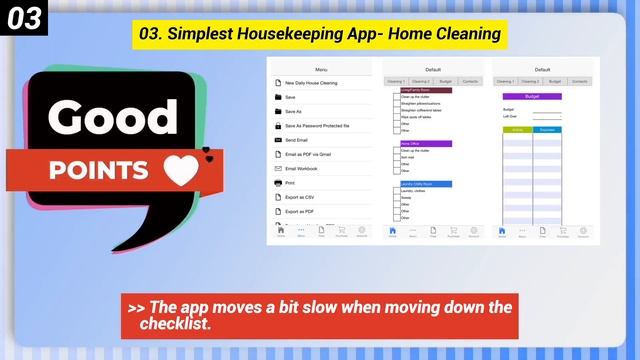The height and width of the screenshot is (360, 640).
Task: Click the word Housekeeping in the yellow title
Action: (x=271, y=34)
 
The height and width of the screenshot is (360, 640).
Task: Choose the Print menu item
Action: (x=291, y=183)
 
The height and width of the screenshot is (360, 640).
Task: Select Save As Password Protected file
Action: (x=316, y=126)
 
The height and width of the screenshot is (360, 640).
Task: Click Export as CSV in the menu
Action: (x=300, y=197)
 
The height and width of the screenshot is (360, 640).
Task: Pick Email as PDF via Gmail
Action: (x=306, y=154)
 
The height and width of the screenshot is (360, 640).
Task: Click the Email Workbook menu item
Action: (x=300, y=169)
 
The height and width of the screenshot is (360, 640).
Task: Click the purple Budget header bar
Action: (x=532, y=97)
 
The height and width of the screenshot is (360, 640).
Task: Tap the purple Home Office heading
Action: (x=425, y=143)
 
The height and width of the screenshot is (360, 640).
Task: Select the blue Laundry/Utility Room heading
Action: (x=425, y=184)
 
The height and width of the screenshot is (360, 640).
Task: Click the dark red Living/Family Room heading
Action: (x=425, y=90)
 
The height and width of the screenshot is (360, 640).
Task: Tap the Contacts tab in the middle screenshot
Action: (x=470, y=81)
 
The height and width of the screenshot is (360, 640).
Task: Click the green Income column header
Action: (x=517, y=130)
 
